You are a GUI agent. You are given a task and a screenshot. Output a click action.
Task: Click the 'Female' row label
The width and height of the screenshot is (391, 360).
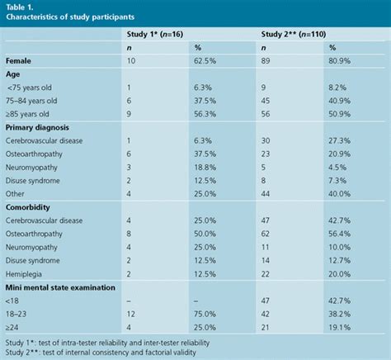coord(21,61)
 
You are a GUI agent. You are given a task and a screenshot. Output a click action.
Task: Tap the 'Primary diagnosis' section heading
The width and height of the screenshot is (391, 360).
coord(40,128)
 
